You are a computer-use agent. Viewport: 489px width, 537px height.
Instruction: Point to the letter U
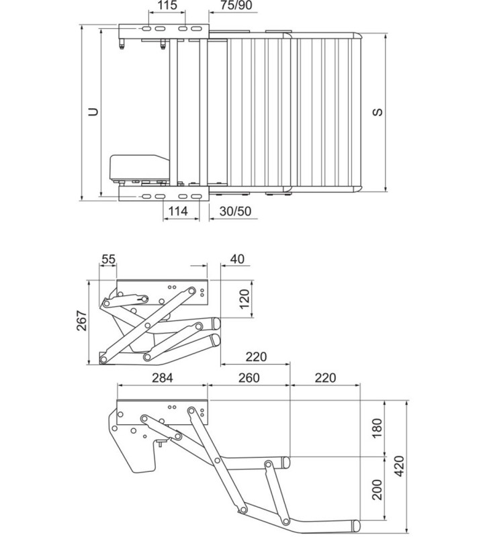click(93, 112)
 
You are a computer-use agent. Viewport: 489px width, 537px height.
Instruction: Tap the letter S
click(378, 112)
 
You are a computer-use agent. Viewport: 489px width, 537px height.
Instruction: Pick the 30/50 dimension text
click(235, 211)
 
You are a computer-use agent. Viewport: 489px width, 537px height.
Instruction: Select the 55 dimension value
click(109, 259)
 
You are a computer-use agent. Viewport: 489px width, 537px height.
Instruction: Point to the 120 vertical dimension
click(245, 297)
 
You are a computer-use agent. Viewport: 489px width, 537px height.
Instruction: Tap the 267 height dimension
click(79, 322)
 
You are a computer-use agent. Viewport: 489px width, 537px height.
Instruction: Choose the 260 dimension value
click(248, 378)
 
